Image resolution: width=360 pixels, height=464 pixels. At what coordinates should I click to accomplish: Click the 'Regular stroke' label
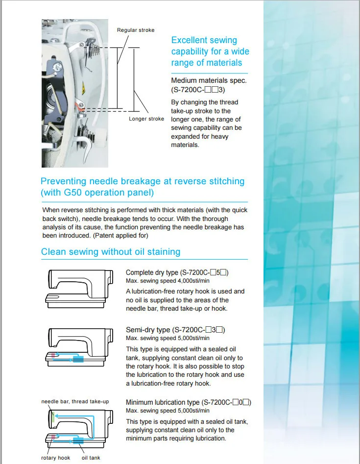pyautogui.click(x=136, y=30)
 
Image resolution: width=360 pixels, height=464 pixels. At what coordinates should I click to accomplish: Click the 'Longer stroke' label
pyautogui.click(x=146, y=119)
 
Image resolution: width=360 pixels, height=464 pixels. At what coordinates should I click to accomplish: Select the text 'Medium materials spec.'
pyautogui.click(x=209, y=81)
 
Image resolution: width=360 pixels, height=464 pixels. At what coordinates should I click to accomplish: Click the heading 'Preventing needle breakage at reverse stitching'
pyautogui.click(x=143, y=181)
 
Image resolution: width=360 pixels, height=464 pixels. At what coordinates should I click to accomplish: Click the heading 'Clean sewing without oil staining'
pyautogui.click(x=111, y=252)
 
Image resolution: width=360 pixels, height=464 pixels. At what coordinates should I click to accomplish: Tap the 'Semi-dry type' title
pyautogui.click(x=148, y=330)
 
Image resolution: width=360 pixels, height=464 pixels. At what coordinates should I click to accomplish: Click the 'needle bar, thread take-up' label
pyautogui.click(x=75, y=402)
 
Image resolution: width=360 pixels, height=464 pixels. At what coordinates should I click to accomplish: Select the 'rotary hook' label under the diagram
pyautogui.click(x=55, y=458)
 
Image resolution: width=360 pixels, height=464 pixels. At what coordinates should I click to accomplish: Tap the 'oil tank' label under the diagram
pyautogui.click(x=91, y=458)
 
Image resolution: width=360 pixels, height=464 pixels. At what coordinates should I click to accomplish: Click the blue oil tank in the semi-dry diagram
pyautogui.click(x=78, y=360)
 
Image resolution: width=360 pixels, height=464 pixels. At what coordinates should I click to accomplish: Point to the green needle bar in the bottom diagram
pyautogui.click(x=52, y=417)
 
